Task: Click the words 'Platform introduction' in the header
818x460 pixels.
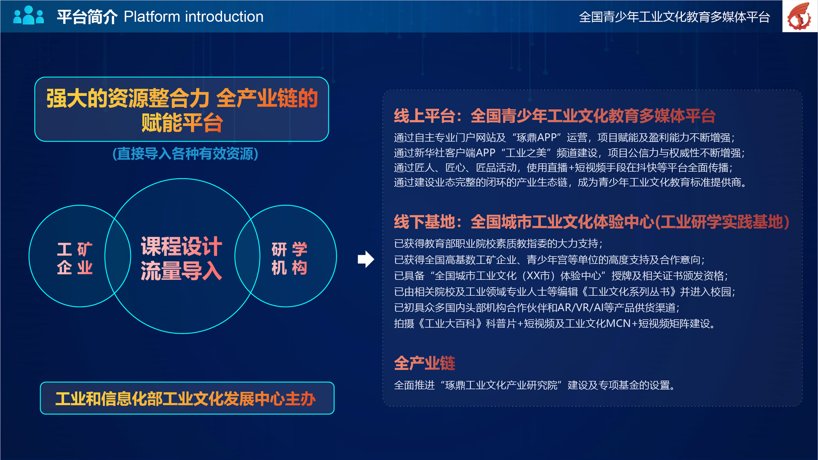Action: pyautogui.click(x=193, y=17)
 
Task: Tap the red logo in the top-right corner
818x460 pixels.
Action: pyautogui.click(x=800, y=16)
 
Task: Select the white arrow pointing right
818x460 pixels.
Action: pyautogui.click(x=366, y=259)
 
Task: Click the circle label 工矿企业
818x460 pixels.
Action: pyautogui.click(x=75, y=258)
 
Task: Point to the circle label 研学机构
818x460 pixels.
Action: pyautogui.click(x=289, y=258)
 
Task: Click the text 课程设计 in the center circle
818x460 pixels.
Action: pyautogui.click(x=181, y=246)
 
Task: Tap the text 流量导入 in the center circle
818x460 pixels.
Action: pyautogui.click(x=181, y=271)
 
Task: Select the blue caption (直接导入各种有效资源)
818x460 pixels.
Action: pyautogui.click(x=185, y=154)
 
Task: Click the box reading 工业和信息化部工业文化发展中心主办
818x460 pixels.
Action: pyautogui.click(x=187, y=398)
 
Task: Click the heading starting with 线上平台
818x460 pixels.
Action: pyautogui.click(x=555, y=116)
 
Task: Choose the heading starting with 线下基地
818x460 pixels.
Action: pyautogui.click(x=591, y=222)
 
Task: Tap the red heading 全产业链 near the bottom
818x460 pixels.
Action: pyautogui.click(x=425, y=363)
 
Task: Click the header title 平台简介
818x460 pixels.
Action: pyautogui.click(x=87, y=17)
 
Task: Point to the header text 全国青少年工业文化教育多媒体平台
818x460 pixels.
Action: pyautogui.click(x=674, y=17)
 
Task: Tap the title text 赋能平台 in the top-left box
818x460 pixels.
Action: pyautogui.click(x=182, y=123)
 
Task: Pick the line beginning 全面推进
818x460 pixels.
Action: pyautogui.click(x=534, y=385)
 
